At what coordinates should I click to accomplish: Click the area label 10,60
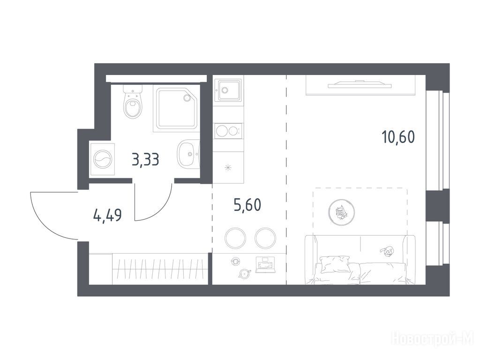398,137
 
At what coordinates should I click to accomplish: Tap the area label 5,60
247,204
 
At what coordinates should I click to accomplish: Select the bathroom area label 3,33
145,159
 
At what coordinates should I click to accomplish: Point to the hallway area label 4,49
107,215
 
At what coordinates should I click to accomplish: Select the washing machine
102,159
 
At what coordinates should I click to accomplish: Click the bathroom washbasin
188,154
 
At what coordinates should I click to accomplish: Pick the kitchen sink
228,90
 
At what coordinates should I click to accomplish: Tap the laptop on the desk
266,265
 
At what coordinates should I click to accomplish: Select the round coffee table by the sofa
341,212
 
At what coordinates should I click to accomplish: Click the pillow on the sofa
335,264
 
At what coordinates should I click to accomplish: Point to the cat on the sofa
387,251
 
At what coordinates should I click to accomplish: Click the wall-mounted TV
359,84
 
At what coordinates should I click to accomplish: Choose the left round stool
235,238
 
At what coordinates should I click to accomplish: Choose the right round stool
265,238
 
